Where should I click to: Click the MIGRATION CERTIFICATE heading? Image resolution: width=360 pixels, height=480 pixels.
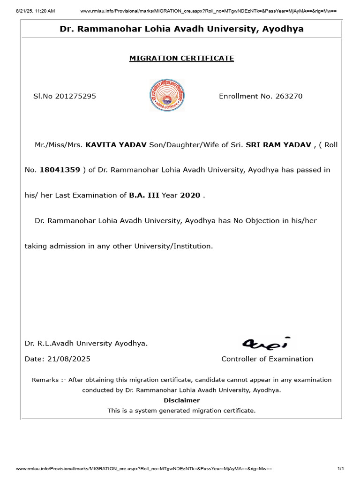(x=181, y=59)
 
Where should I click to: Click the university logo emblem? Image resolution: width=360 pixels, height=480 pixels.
(x=167, y=95)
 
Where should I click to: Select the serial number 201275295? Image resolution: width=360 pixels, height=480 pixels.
(x=75, y=96)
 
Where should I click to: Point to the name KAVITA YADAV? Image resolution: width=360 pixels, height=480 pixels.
(x=116, y=145)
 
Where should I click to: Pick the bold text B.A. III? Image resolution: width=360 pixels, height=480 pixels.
(x=144, y=195)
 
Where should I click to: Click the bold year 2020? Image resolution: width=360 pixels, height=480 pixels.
(x=190, y=195)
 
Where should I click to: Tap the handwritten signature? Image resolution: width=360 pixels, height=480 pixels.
(x=266, y=343)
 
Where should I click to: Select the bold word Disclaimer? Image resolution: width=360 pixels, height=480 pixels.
(x=181, y=400)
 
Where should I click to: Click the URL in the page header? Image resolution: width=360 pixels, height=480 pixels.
(x=209, y=10)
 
